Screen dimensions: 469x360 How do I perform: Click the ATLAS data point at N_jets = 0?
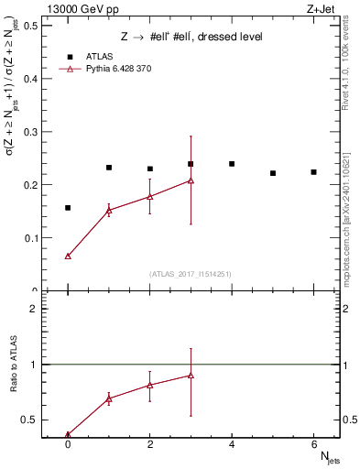(68, 208)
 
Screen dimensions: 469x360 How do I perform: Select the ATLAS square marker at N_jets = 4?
(232, 164)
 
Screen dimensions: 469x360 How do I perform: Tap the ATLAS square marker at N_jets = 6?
(313, 172)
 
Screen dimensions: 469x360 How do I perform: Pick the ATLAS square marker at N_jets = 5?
(273, 173)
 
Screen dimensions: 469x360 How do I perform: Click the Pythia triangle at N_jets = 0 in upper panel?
(68, 256)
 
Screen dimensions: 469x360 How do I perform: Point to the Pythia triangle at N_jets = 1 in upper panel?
(109, 211)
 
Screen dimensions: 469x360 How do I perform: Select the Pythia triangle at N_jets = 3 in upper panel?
(191, 180)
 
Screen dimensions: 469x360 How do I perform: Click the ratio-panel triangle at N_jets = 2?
(150, 385)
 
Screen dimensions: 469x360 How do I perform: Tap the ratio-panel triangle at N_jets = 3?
(191, 376)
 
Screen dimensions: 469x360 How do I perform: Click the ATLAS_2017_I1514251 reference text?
(191, 274)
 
